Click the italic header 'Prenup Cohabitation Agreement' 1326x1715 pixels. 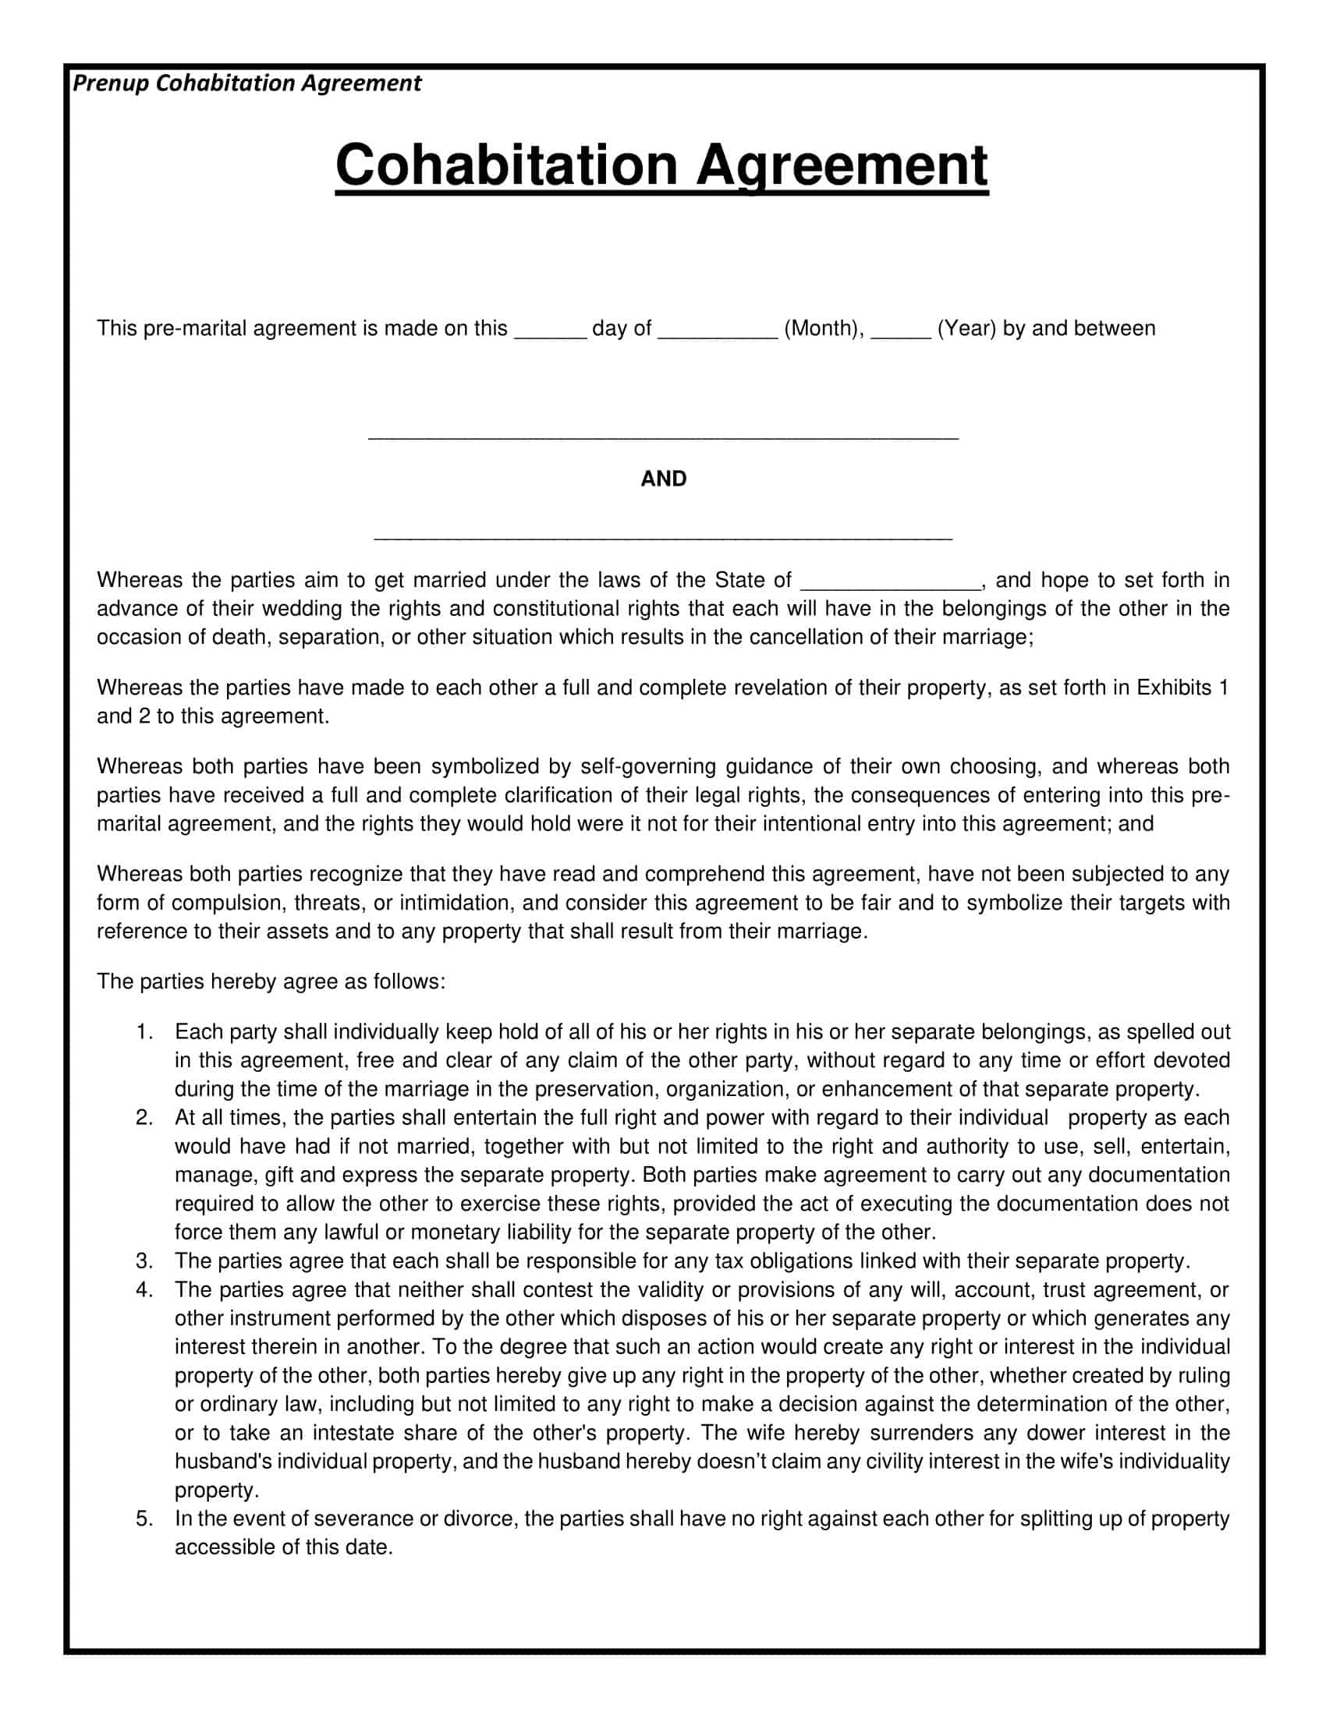[x=246, y=83]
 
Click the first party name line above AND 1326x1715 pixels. [x=663, y=437]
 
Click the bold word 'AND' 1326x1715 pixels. [x=663, y=479]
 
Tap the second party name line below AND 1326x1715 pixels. [x=663, y=538]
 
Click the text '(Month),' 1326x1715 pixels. [x=824, y=328]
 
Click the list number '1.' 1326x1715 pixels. [x=144, y=1032]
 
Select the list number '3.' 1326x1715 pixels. [x=144, y=1261]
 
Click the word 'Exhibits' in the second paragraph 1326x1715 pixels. [x=1175, y=688]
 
